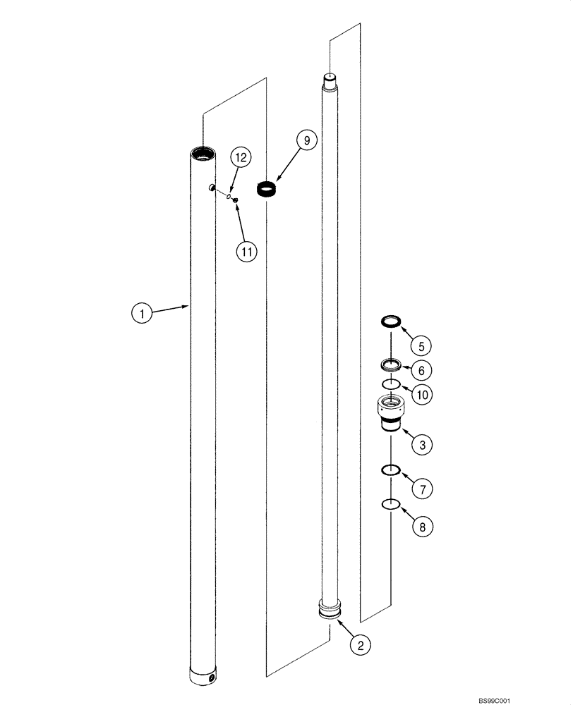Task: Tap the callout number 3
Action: [x=422, y=445]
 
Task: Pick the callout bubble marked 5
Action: [x=422, y=345]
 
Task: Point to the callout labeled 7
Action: [x=422, y=488]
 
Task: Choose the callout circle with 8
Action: [x=422, y=526]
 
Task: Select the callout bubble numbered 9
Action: [x=306, y=141]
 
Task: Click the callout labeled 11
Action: [x=246, y=252]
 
